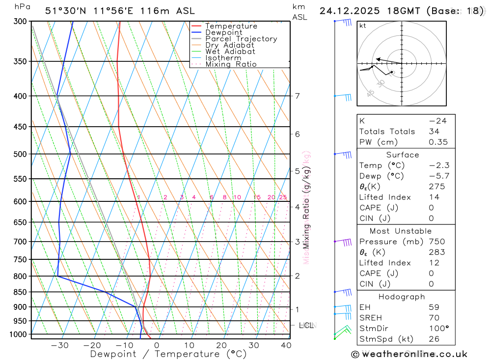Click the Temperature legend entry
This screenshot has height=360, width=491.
pyautogui.click(x=231, y=26)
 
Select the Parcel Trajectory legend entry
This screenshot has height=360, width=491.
pyautogui.click(x=241, y=39)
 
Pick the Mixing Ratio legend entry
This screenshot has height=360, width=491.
pyautogui.click(x=231, y=64)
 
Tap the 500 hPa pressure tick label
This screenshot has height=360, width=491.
pyautogui.click(x=20, y=154)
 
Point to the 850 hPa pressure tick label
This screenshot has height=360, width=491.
pyautogui.click(x=20, y=292)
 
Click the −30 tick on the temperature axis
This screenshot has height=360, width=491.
pyautogui.click(x=60, y=345)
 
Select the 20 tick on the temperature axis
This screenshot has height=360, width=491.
pyautogui.click(x=221, y=345)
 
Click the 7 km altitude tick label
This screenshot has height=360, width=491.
pyautogui.click(x=298, y=96)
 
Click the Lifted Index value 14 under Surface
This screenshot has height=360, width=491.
pyautogui.click(x=434, y=197)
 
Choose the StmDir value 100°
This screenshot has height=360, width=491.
pyautogui.click(x=436, y=329)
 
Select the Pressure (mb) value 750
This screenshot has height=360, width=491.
pyautogui.click(x=436, y=242)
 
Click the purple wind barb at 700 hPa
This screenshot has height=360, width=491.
pyautogui.click(x=344, y=242)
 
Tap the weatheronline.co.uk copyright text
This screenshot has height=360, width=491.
pyautogui.click(x=409, y=354)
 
